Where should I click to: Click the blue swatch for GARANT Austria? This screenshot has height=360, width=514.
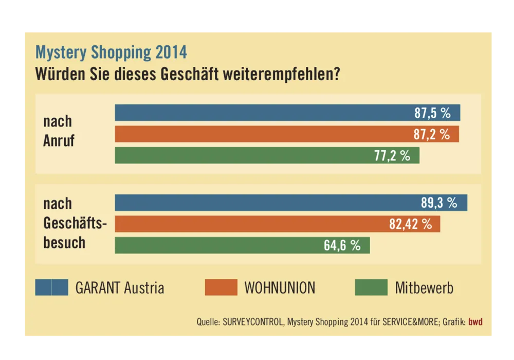pyautogui.click(x=51, y=287)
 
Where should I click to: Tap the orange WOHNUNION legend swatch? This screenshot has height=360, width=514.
pyautogui.click(x=221, y=287)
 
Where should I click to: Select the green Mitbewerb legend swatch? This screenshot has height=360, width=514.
pyautogui.click(x=371, y=287)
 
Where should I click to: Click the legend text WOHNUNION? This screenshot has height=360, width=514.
pyautogui.click(x=280, y=287)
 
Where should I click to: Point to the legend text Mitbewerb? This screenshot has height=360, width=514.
pyautogui.click(x=424, y=287)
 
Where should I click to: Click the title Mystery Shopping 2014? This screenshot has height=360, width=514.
pyautogui.click(x=111, y=52)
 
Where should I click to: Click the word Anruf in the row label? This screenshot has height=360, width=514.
pyautogui.click(x=59, y=141)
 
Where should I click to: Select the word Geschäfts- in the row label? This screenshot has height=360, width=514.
pyautogui.click(x=75, y=224)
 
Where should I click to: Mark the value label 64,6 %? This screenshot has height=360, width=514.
pyautogui.click(x=342, y=245)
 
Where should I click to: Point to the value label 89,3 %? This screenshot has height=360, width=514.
pyautogui.click(x=439, y=203)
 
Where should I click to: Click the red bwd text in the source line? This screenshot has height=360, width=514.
pyautogui.click(x=475, y=322)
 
